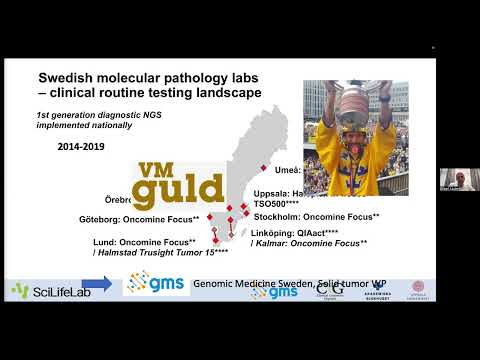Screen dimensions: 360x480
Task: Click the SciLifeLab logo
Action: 47,290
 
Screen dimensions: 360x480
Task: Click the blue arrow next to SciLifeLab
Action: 96,285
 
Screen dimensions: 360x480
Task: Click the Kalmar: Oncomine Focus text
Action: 312,243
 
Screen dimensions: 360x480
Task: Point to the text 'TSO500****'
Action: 278,202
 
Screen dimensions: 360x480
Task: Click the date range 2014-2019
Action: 72,144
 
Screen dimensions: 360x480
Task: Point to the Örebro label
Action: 118,199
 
